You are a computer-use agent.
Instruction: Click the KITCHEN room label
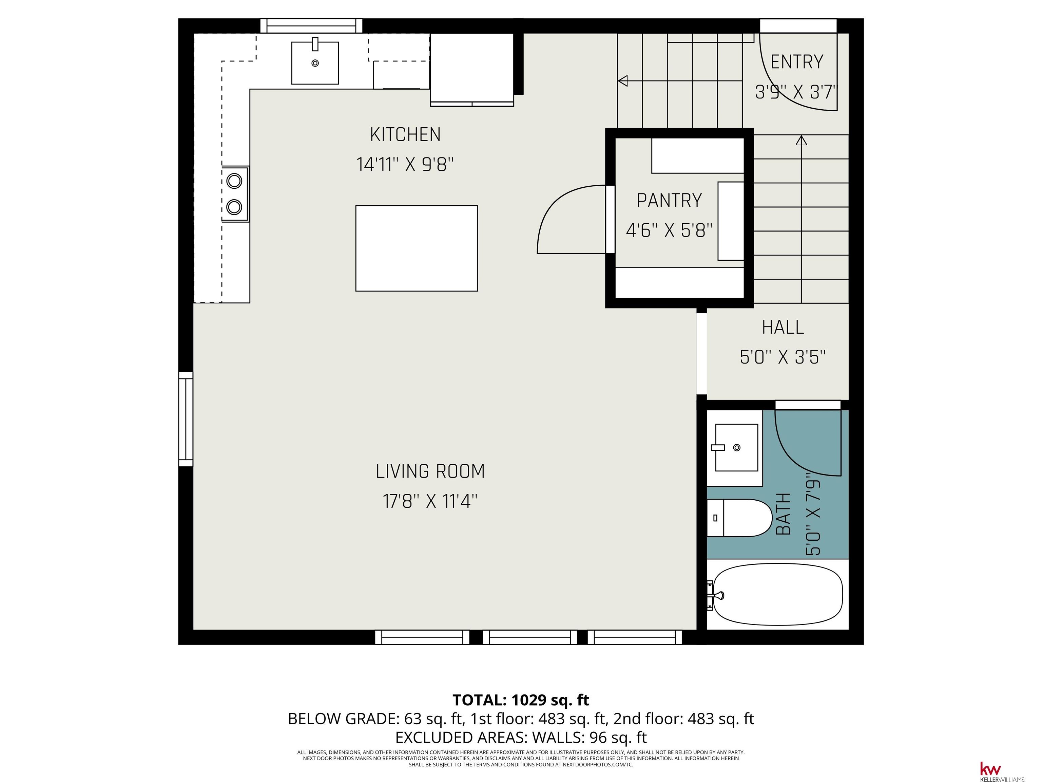pyautogui.click(x=405, y=135)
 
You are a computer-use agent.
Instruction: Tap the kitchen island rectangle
pyautogui.click(x=417, y=248)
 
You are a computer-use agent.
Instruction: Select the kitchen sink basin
pyautogui.click(x=315, y=63)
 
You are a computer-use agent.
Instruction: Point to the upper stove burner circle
pyautogui.click(x=234, y=181)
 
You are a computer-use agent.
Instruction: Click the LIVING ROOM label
pyautogui.click(x=430, y=471)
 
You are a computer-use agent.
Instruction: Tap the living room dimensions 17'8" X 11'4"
pyautogui.click(x=430, y=501)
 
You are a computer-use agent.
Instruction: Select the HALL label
pyautogui.click(x=783, y=328)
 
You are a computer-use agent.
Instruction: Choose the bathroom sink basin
pyautogui.click(x=736, y=447)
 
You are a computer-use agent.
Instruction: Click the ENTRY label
pyautogui.click(x=796, y=62)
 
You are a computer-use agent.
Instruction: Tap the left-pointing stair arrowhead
pyautogui.click(x=623, y=81)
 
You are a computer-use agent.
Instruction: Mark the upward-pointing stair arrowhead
pyautogui.click(x=801, y=140)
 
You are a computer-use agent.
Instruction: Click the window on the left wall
pyautogui.click(x=186, y=419)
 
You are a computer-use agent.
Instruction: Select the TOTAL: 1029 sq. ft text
pyautogui.click(x=521, y=700)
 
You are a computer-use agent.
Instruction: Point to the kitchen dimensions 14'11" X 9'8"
pyautogui.click(x=405, y=165)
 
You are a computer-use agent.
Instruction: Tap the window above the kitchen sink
pyautogui.click(x=311, y=26)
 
